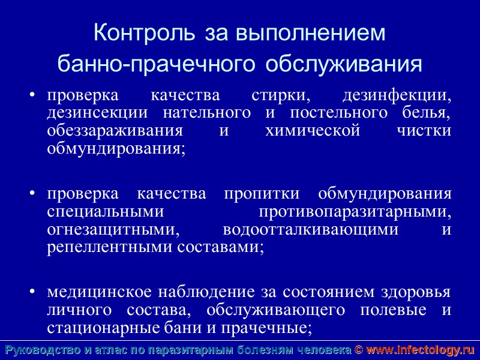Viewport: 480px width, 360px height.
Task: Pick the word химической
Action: tap(313, 131)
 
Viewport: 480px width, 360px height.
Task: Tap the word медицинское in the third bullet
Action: tap(99, 293)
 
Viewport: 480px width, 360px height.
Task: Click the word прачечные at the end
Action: tap(277, 328)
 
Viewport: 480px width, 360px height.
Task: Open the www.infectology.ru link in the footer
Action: tap(420, 350)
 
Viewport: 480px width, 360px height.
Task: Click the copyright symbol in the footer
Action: tap(359, 350)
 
